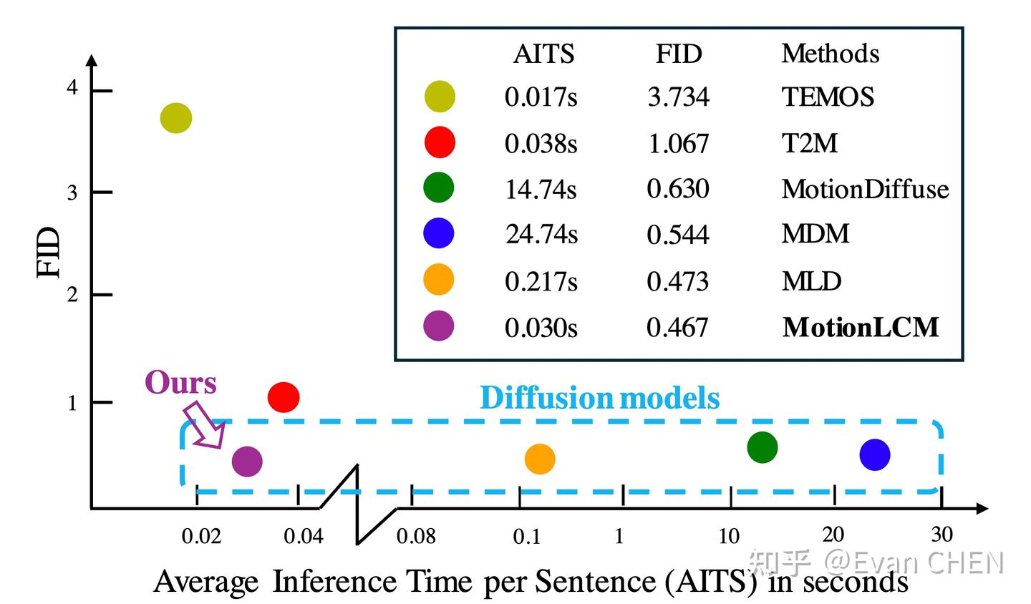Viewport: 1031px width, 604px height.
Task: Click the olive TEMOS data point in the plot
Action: click(175, 117)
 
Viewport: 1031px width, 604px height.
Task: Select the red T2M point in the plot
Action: click(284, 397)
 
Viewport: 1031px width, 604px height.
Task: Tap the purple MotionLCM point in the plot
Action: click(247, 462)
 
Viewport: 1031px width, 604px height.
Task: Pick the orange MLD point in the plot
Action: click(540, 459)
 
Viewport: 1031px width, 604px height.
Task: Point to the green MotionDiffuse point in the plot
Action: click(762, 448)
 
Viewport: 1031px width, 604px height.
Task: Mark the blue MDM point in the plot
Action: click(874, 454)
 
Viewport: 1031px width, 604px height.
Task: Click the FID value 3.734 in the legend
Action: click(678, 97)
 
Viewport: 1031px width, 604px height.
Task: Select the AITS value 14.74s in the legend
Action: click(541, 189)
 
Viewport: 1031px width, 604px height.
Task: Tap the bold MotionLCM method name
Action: click(860, 327)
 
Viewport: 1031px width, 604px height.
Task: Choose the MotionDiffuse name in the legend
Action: click(865, 189)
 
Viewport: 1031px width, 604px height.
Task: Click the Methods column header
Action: click(830, 54)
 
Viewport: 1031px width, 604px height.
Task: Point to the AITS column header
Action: click(543, 54)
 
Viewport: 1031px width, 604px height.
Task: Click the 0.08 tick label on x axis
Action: click(416, 536)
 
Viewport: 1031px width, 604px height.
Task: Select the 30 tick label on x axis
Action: click(942, 534)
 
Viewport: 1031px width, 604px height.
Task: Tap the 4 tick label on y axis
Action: click(72, 88)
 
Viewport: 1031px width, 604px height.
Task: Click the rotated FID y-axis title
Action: click(49, 253)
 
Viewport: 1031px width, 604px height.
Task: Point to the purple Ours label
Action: click(180, 383)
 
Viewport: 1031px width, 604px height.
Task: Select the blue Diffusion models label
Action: click(599, 398)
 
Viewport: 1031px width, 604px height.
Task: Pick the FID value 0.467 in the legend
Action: click(677, 328)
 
